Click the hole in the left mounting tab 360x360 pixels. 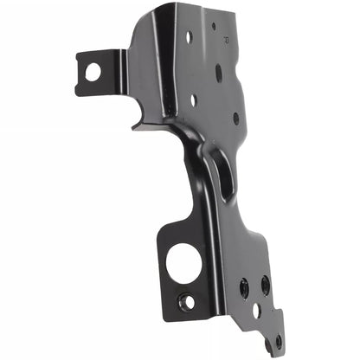click(x=91, y=71)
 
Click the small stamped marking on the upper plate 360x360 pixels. click(x=227, y=39)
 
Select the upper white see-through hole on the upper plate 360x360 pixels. click(x=189, y=37)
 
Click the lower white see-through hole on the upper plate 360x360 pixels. click(x=194, y=100)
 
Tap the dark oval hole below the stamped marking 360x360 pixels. click(x=219, y=73)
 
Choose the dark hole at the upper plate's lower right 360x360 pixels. click(x=235, y=118)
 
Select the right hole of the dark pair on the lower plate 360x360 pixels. click(x=265, y=284)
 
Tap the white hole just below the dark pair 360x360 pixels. click(x=257, y=310)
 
